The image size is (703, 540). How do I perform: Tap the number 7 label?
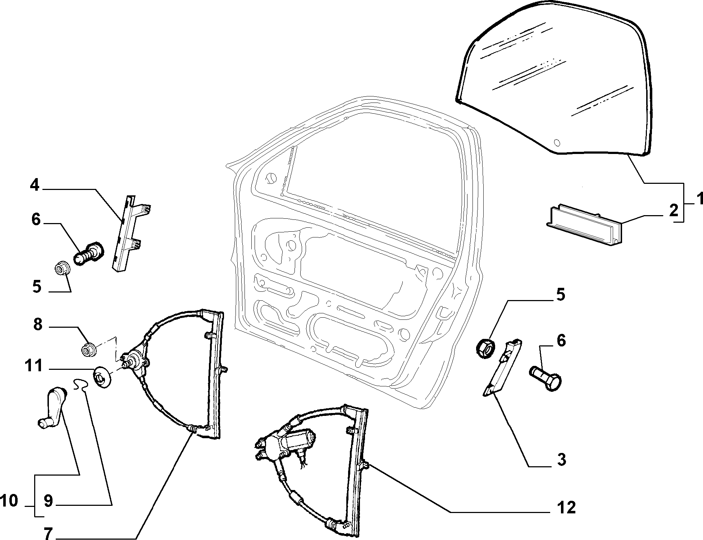click(48, 532)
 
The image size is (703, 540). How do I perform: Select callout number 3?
click(561, 459)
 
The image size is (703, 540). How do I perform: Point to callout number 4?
click(35, 186)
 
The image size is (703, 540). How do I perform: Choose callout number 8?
click(37, 325)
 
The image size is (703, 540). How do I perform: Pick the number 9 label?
click(48, 501)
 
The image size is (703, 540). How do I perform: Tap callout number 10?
click(9, 500)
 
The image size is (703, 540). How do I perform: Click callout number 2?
click(673, 210)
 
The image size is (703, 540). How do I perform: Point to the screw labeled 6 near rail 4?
click(89, 253)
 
